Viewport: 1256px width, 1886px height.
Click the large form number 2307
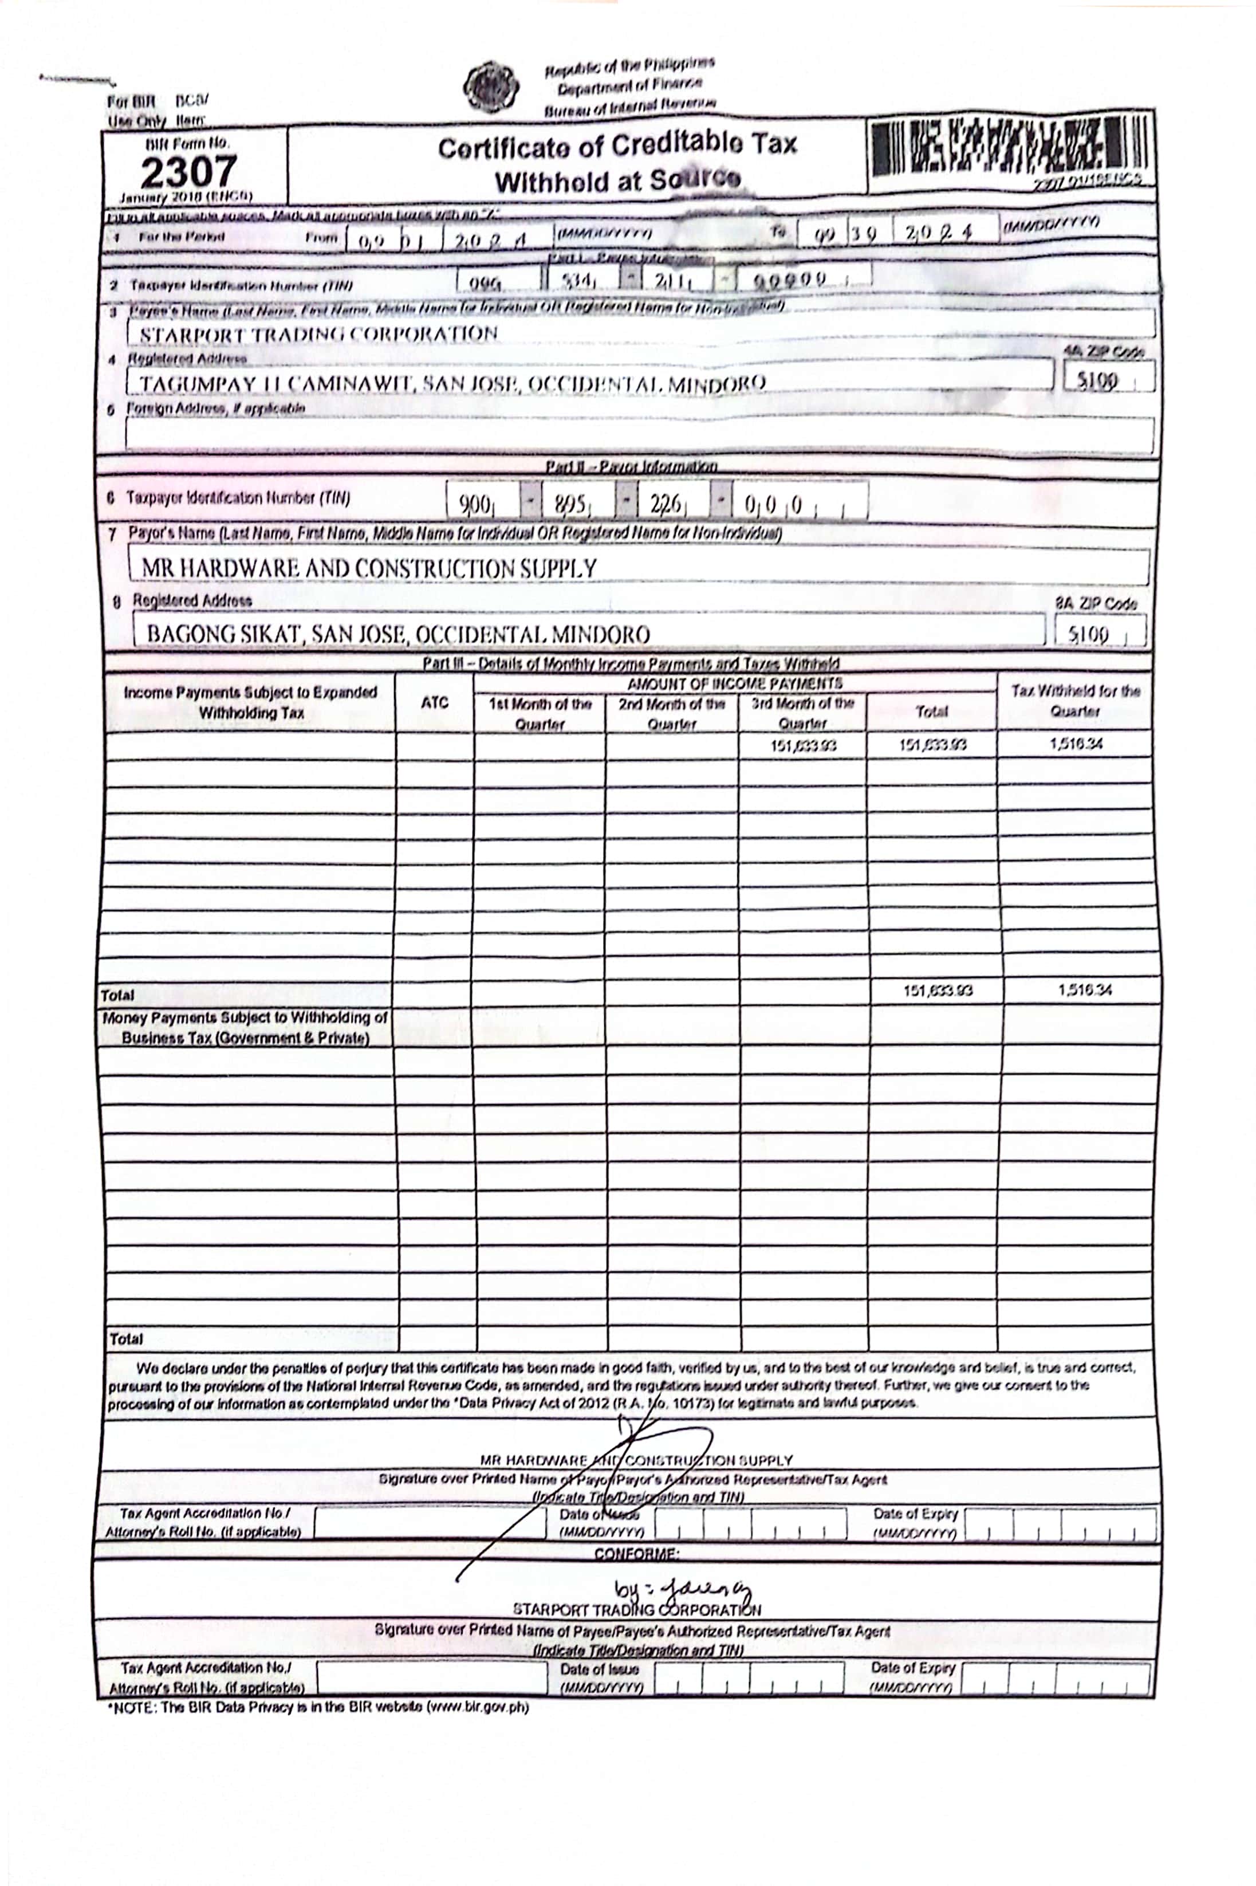189,171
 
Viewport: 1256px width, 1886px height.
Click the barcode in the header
1011,147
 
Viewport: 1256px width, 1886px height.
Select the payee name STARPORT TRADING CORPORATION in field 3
319,334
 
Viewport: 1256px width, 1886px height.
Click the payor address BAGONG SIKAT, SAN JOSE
398,635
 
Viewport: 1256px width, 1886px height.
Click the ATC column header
434,702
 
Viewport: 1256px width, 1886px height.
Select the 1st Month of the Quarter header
540,712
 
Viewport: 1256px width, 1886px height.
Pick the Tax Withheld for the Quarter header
1075,700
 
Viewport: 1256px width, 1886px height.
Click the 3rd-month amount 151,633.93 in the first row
804,746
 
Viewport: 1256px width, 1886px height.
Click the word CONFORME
637,1554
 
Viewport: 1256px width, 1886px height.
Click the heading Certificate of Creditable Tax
617,147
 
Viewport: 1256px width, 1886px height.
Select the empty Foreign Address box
639,435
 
